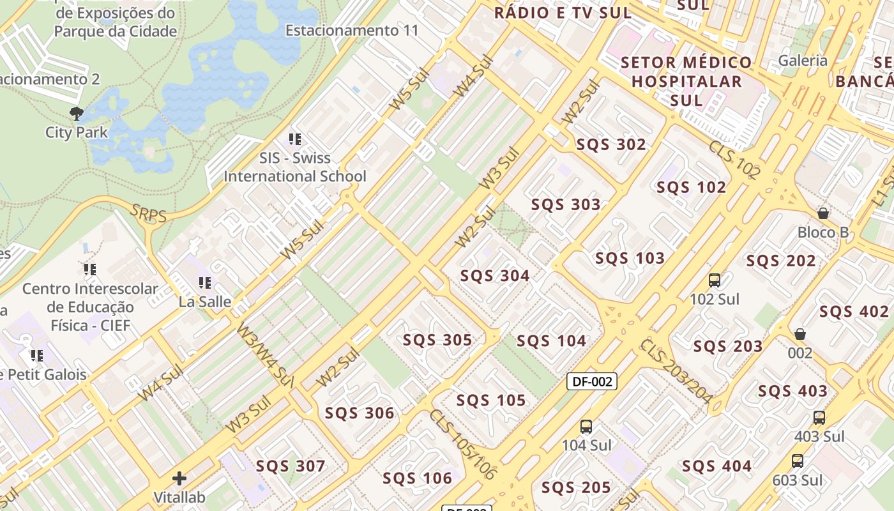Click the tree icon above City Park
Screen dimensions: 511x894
[77, 114]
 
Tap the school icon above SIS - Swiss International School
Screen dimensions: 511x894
[294, 139]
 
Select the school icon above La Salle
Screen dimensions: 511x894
[204, 282]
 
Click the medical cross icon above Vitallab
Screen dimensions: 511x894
[179, 478]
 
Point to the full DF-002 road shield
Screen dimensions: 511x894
[592, 381]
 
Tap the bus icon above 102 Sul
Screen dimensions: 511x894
[715, 280]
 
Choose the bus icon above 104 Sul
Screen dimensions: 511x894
[586, 426]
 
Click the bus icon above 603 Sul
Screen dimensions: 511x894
[798, 461]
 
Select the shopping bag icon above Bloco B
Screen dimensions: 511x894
[823, 213]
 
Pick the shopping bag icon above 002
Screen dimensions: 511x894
[799, 334]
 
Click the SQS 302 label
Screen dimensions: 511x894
[611, 144]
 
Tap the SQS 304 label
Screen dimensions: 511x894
[495, 275]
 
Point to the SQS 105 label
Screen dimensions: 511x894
[491, 400]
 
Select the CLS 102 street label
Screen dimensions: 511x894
[734, 159]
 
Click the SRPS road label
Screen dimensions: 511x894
[148, 214]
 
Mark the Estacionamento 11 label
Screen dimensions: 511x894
[352, 30]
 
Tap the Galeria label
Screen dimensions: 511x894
[803, 61]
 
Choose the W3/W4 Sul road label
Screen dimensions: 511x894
[264, 355]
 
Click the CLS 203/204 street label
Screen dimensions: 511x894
[676, 372]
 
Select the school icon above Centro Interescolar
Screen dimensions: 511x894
[90, 270]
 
